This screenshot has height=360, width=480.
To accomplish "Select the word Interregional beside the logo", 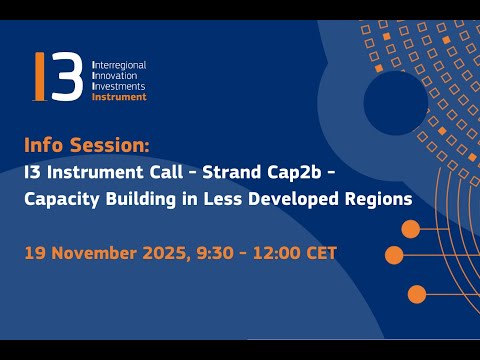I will [x=119, y=64].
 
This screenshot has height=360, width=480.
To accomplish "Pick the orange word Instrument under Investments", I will [x=119, y=97].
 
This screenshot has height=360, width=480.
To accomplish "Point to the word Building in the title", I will [x=140, y=198].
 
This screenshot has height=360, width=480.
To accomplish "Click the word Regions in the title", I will [x=378, y=198].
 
